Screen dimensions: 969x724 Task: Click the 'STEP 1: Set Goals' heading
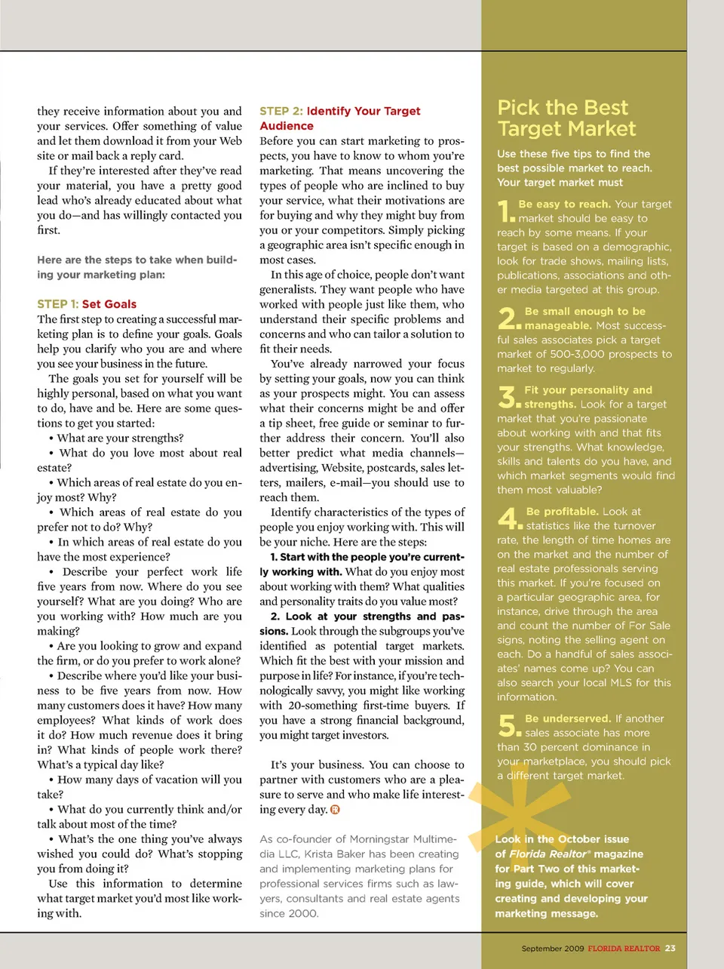pyautogui.click(x=87, y=304)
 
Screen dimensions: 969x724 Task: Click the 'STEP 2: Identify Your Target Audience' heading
pyautogui.click(x=339, y=118)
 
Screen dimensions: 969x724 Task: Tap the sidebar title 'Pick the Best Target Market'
pyautogui.click(x=566, y=118)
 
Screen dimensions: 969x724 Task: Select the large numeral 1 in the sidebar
pyautogui.click(x=505, y=211)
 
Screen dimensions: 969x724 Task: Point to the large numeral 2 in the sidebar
pyautogui.click(x=508, y=318)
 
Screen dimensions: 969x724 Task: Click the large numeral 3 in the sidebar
pyautogui.click(x=508, y=397)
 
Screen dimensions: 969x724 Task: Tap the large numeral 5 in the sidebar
pyautogui.click(x=508, y=726)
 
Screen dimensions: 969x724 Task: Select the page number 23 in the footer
pyautogui.click(x=670, y=949)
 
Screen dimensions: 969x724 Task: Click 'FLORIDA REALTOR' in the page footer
pyautogui.click(x=624, y=949)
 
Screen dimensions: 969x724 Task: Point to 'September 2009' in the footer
pyautogui.click(x=553, y=949)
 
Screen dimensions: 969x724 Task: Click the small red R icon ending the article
pyautogui.click(x=335, y=810)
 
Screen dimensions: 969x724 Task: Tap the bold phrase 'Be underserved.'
pyautogui.click(x=568, y=718)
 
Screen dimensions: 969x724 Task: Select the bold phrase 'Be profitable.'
pyautogui.click(x=562, y=511)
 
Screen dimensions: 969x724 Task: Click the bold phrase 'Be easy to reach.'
pyautogui.click(x=564, y=204)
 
